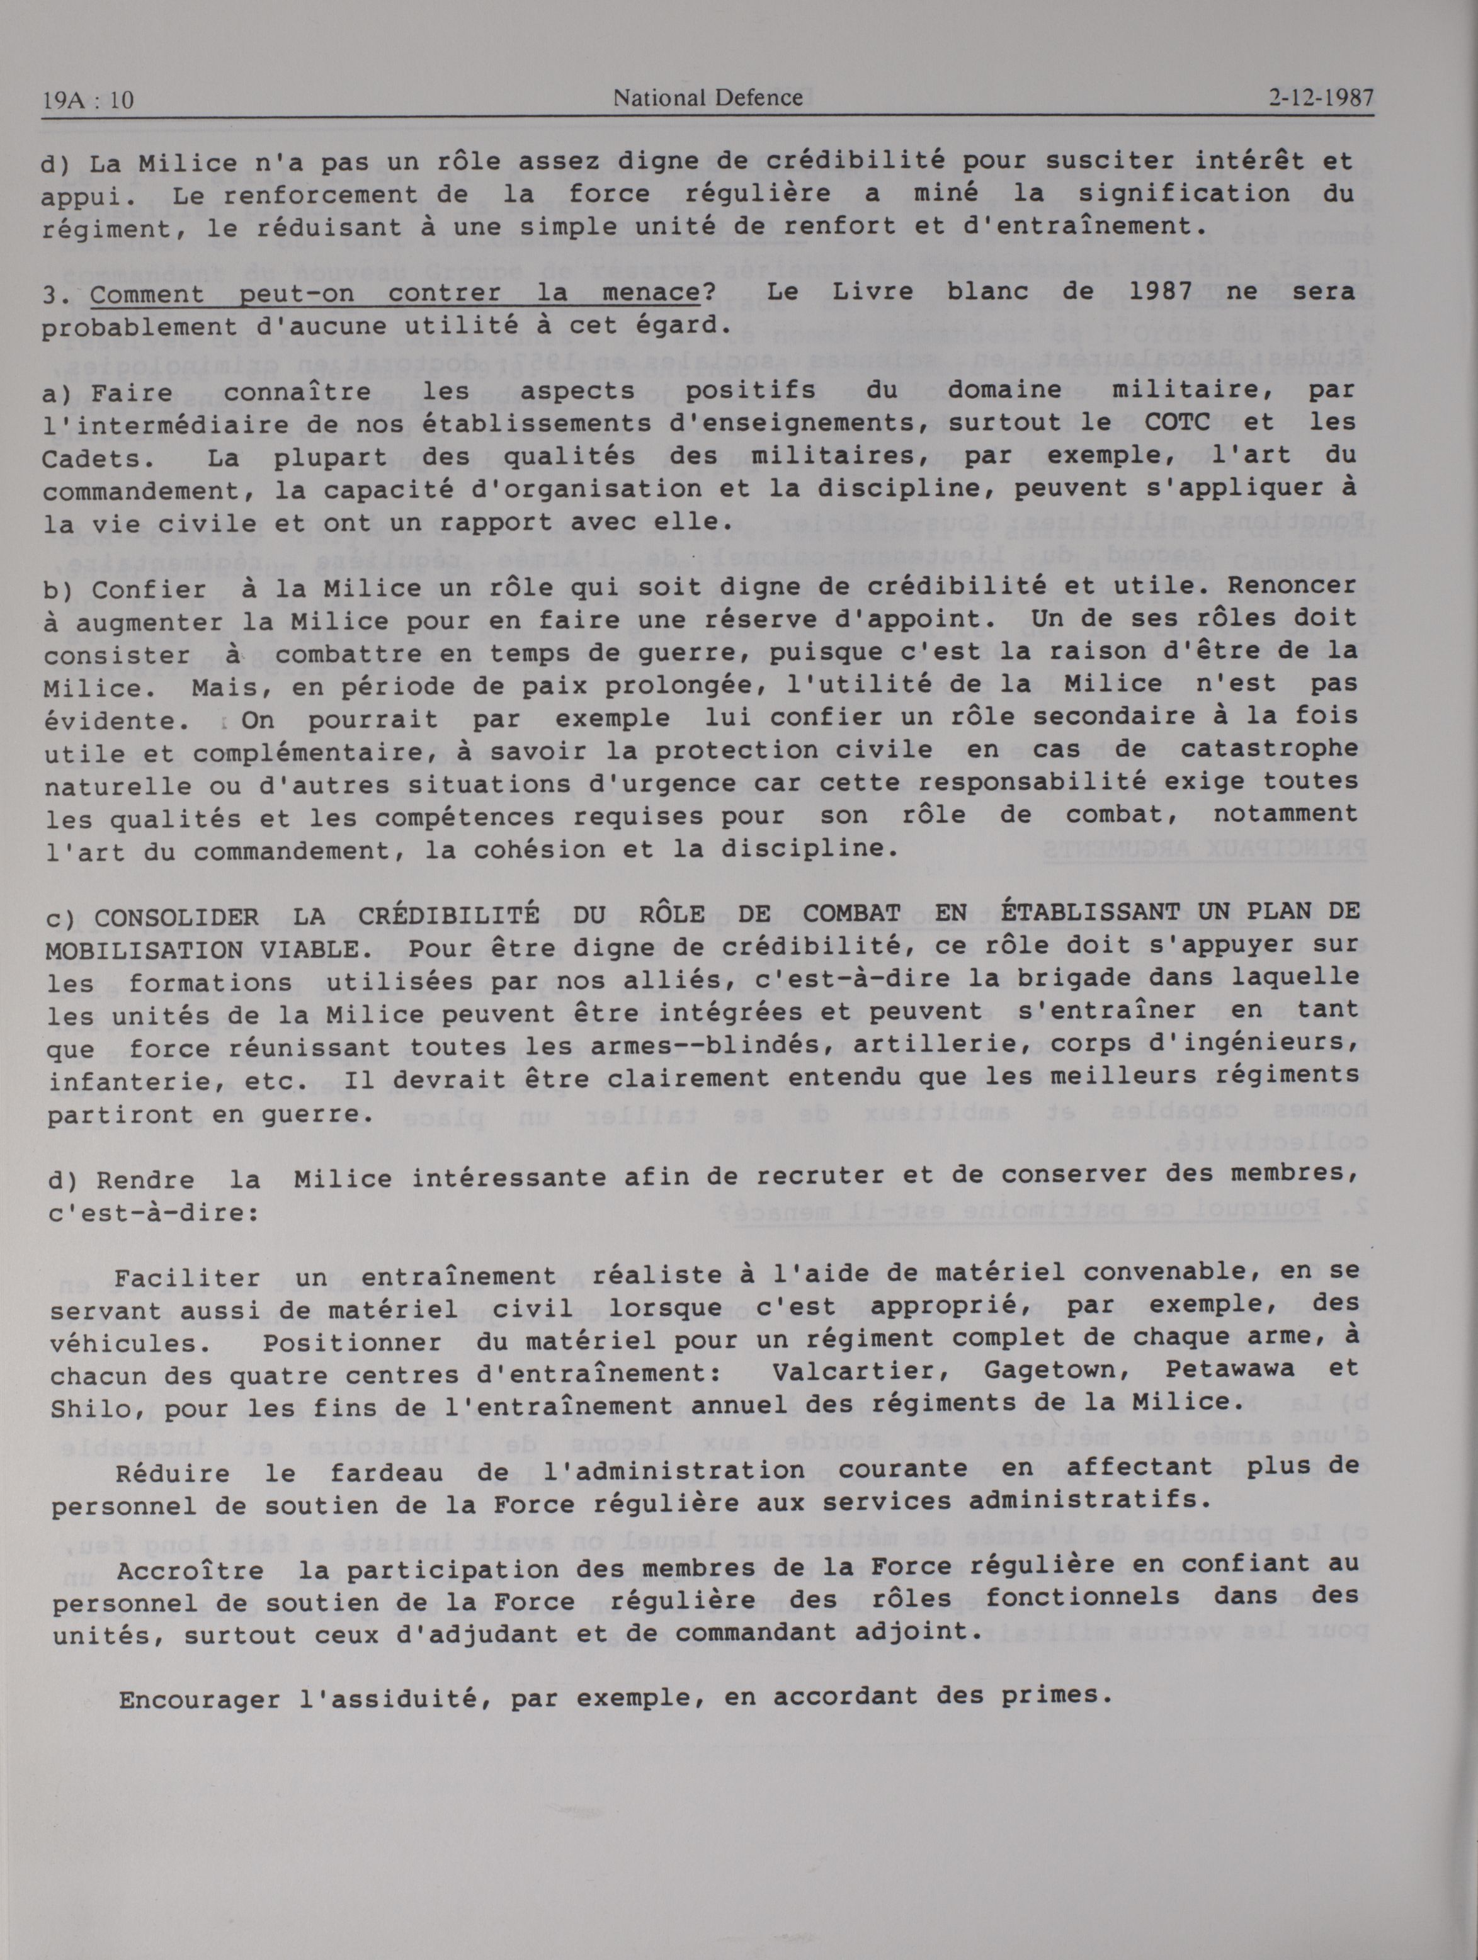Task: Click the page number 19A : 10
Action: (x=87, y=100)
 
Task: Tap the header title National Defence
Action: (x=707, y=98)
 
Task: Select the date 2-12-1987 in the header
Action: (x=1321, y=98)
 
